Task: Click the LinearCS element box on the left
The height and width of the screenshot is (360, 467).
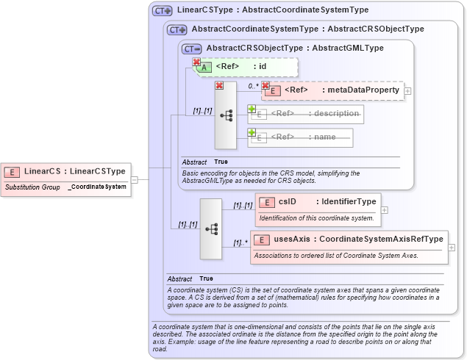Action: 65,171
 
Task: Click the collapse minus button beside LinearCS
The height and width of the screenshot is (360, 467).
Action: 135,179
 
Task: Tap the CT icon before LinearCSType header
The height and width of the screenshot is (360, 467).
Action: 162,11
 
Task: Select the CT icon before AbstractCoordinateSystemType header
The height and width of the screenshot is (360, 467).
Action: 177,30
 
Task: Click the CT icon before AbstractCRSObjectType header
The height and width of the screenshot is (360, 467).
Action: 191,48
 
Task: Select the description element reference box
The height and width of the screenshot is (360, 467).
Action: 306,114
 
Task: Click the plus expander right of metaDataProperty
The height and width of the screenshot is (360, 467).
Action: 407,90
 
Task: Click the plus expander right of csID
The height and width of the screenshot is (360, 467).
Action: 384,209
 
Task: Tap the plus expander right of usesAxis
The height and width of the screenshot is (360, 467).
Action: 451,247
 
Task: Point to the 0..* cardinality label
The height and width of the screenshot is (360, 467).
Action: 252,86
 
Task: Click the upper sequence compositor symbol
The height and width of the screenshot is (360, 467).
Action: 226,115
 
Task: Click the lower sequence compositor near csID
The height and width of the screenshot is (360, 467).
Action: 211,228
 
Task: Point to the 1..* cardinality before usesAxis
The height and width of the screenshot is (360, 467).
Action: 239,242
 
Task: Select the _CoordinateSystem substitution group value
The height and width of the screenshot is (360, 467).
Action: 97,187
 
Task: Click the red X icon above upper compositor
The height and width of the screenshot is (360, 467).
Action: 218,86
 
